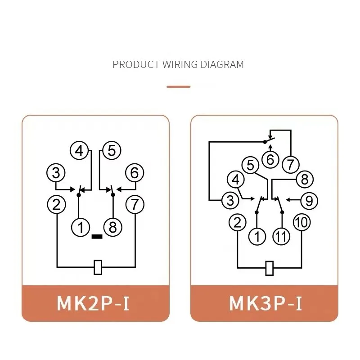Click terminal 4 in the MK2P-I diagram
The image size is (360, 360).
click(79, 151)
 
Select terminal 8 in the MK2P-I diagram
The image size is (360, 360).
click(113, 227)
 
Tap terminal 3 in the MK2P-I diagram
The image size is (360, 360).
click(56, 173)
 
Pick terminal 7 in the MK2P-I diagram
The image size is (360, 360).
click(135, 204)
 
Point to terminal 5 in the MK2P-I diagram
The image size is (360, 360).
click(112, 151)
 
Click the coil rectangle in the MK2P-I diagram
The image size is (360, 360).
click(98, 267)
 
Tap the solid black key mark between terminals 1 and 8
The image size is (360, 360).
click(97, 237)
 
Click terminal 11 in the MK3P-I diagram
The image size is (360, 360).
click(281, 237)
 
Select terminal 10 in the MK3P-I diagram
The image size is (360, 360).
click(302, 222)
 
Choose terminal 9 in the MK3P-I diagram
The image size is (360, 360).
click(309, 201)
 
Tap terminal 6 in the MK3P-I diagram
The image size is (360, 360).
click(270, 159)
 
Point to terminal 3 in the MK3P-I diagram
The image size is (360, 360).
click(230, 200)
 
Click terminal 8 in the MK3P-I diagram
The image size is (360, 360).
click(305, 179)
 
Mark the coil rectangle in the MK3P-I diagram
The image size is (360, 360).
click(269, 268)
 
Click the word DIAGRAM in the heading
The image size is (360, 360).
click(222, 64)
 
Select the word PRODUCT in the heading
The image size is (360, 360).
click(136, 64)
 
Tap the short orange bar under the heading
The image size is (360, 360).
click(179, 87)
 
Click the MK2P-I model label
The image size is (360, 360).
click(93, 303)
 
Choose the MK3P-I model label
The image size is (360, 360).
click(265, 303)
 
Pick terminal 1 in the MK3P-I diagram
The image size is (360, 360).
click(257, 237)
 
